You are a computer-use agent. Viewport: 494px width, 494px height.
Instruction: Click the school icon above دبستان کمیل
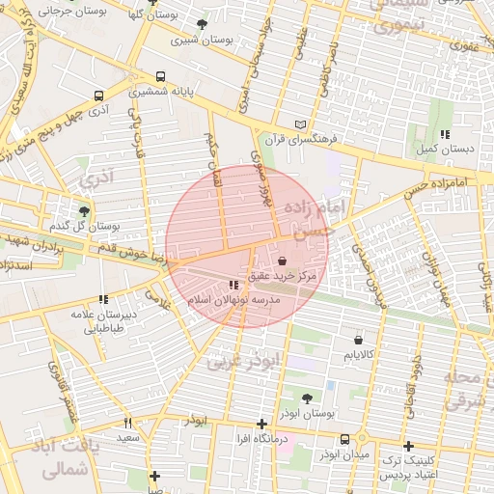point(443,134)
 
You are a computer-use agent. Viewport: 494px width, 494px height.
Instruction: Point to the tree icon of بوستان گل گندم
point(84,210)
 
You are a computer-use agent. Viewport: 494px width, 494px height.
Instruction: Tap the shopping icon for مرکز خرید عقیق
point(282,261)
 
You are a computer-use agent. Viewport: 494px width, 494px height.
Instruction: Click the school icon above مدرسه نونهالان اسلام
point(233,285)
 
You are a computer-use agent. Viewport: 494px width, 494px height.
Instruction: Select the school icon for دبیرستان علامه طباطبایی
point(103,299)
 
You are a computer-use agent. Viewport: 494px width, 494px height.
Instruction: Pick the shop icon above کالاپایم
point(359,340)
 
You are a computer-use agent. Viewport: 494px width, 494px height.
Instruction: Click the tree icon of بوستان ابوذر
point(307,398)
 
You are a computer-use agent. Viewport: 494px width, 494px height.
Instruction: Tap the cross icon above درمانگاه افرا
point(261,424)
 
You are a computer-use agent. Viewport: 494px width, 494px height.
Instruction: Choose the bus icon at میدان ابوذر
point(344,439)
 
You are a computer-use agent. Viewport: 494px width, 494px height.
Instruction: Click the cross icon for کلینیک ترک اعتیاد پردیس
point(409,447)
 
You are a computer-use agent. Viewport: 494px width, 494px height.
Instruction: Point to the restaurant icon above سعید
point(127,423)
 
